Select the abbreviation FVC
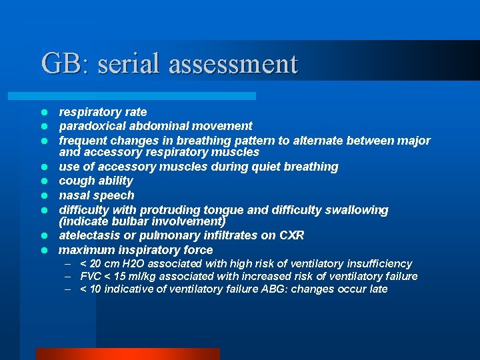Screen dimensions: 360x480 pyautogui.click(x=91, y=277)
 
